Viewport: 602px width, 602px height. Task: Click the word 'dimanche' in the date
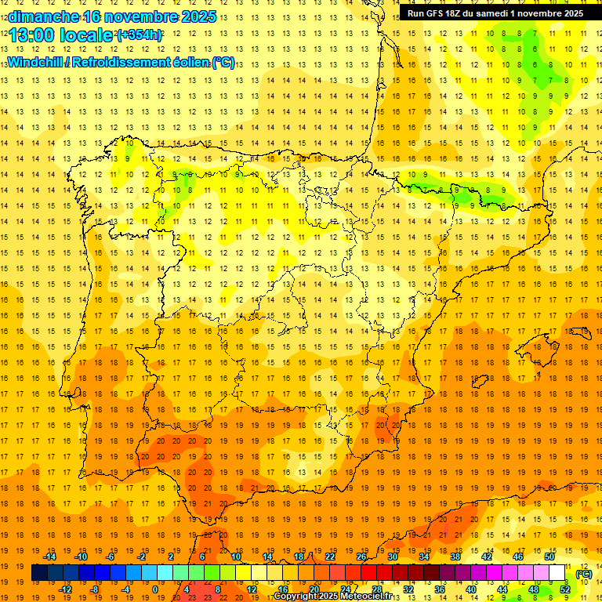tap(41, 16)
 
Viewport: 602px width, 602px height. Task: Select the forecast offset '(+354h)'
tap(140, 34)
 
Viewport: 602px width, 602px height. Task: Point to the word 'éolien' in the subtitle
tap(184, 63)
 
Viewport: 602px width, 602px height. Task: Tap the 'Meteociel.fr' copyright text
tap(368, 597)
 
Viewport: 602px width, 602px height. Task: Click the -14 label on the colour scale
tap(50, 557)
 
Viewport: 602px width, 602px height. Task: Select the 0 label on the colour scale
tap(154, 589)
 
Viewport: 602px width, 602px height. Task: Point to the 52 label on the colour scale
tap(566, 589)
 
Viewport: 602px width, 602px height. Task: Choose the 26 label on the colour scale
tap(361, 557)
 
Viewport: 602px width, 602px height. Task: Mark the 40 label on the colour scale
tap(470, 589)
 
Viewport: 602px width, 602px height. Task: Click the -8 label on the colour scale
tap(95, 589)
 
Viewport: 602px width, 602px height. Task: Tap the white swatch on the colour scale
tap(557, 573)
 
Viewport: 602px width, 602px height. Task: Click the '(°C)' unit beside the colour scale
tap(583, 574)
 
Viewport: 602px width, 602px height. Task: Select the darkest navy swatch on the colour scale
tap(39, 573)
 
